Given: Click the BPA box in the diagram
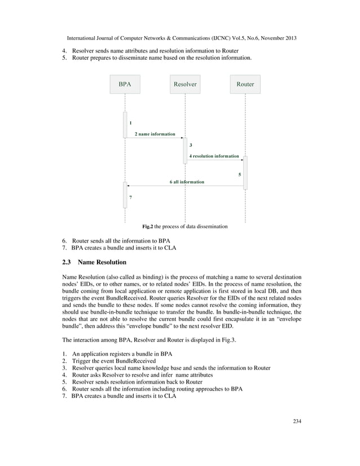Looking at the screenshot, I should click(125, 84).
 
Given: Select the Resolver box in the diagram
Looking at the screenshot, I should click(185, 84).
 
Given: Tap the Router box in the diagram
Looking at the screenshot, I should click(245, 84).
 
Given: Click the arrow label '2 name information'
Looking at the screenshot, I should click(155, 134).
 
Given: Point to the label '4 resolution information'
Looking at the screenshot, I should click(214, 156).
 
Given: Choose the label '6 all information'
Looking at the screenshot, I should click(187, 182).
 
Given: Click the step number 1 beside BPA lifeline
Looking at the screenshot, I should click(130, 122).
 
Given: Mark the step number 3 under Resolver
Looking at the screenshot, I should click(191, 146).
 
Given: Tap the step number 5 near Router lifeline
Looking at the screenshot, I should click(240, 174).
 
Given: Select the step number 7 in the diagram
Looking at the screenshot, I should click(130, 198).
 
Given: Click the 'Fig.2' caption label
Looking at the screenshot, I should click(148, 226).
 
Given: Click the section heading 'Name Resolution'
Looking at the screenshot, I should click(102, 262).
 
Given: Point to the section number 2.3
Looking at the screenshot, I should click(67, 262).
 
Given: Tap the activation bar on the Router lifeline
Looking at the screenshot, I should click(245, 173).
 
